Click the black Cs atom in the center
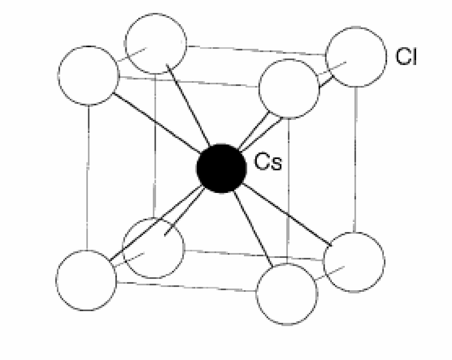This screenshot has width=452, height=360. click(221, 168)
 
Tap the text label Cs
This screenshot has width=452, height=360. click(268, 162)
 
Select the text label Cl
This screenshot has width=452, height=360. click(406, 56)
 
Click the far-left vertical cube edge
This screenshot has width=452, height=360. click(87, 178)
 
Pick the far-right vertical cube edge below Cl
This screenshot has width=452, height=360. click(356, 159)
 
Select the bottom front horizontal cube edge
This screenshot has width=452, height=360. click(187, 287)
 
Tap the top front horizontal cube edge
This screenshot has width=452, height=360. click(189, 82)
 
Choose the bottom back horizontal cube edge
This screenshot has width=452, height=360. click(254, 255)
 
